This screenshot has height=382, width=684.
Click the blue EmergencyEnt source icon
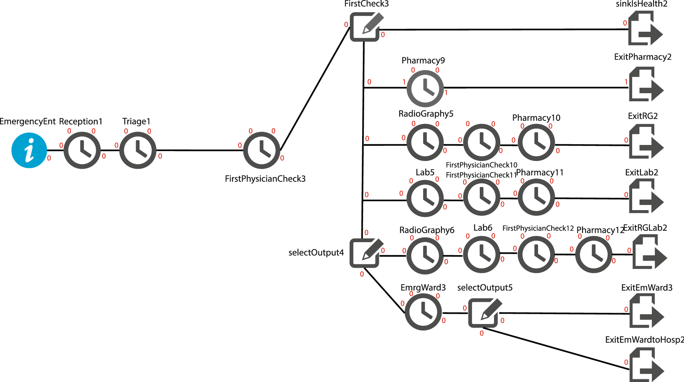pyautogui.click(x=29, y=150)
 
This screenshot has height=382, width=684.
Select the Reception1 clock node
pyautogui.click(x=82, y=150)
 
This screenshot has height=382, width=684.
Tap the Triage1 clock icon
pyautogui.click(x=138, y=150)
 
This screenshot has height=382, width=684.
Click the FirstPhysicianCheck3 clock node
pyautogui.click(x=262, y=150)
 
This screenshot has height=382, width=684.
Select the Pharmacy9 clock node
pyautogui.click(x=425, y=88)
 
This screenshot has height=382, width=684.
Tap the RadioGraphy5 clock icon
pyautogui.click(x=425, y=142)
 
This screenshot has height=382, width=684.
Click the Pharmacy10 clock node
pyautogui.click(x=536, y=142)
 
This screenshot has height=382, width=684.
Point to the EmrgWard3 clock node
pyautogui.click(x=423, y=312)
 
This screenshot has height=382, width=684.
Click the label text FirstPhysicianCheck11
pyautogui.click(x=481, y=175)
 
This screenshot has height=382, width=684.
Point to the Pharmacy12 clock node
pyautogui.click(x=594, y=254)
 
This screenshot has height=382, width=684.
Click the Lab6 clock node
pyautogui.click(x=481, y=254)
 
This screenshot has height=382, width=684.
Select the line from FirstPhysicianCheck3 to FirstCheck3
pyautogui.click(x=314, y=89)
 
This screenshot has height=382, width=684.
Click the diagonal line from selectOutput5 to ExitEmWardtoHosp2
pyautogui.click(x=556, y=349)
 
